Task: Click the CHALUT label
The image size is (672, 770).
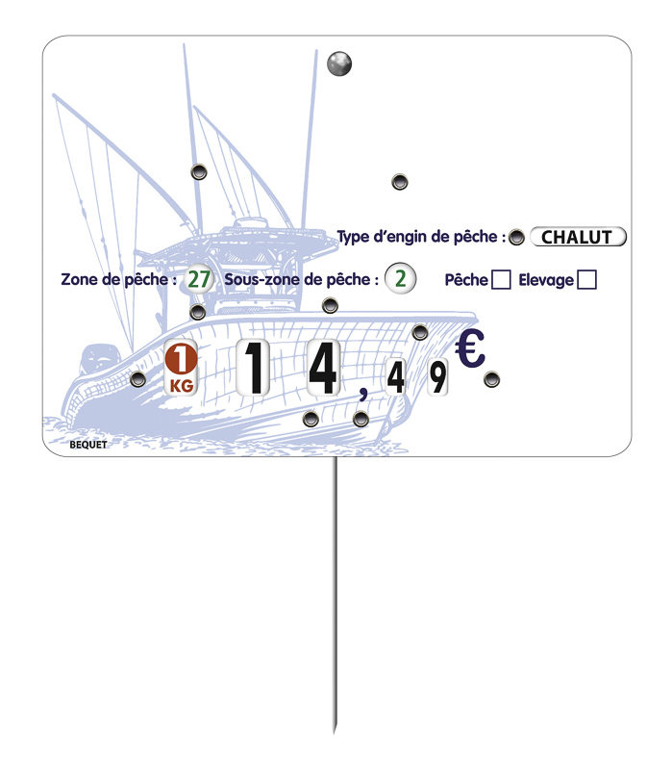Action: (578, 237)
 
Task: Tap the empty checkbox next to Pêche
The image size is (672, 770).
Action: (501, 280)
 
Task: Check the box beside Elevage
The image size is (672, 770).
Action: (586, 280)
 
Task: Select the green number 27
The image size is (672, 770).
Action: (199, 279)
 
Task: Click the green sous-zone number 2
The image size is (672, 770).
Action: (400, 278)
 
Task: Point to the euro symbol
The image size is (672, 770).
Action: (470, 348)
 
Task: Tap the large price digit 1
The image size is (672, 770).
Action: (253, 368)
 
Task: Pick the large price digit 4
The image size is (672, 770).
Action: (324, 368)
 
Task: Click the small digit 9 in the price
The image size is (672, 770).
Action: (437, 377)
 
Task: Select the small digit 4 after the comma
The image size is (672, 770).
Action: (395, 377)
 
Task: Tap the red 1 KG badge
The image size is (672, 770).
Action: (181, 368)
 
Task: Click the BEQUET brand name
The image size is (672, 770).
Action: (88, 445)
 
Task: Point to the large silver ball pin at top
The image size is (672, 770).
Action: (339, 64)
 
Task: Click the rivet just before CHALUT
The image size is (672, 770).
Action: (516, 238)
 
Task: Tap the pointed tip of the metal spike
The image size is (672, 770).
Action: (335, 732)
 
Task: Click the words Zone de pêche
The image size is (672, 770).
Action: (114, 279)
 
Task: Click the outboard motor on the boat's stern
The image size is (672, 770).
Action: (98, 359)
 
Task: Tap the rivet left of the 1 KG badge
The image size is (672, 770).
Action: (137, 379)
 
